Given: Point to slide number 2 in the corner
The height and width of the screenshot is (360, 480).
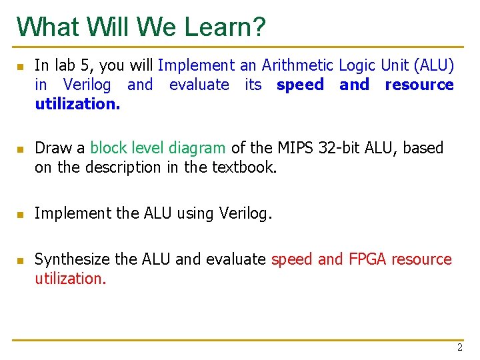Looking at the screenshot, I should click(459, 347).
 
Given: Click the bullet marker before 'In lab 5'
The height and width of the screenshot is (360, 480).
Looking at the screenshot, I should click(20, 67).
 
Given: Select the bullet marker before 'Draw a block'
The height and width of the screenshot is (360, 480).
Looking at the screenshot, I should click(20, 149).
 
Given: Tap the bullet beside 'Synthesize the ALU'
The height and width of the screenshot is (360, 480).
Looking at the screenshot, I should click(20, 261).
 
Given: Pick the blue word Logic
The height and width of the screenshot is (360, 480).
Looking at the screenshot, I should click(357, 65).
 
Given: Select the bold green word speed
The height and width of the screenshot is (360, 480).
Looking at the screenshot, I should click(300, 85).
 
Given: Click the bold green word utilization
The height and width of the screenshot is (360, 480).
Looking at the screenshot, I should click(77, 104).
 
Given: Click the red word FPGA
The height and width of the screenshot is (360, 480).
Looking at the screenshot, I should click(368, 259).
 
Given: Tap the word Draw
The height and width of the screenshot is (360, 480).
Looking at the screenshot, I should click(50, 148).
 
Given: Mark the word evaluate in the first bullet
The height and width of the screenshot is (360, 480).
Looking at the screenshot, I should click(199, 85).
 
